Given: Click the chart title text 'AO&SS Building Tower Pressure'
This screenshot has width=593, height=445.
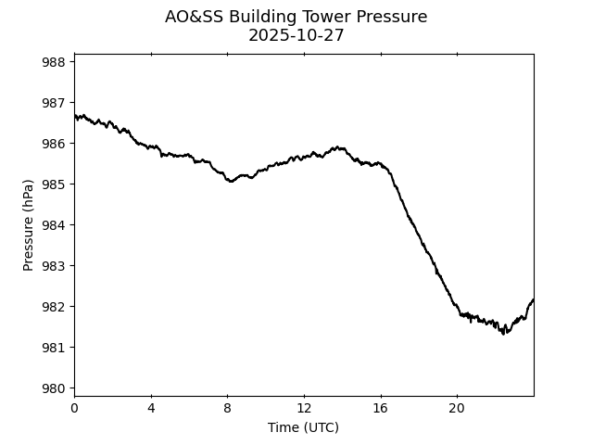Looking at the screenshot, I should [x=296, y=17].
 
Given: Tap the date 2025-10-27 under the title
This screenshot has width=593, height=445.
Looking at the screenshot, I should [x=296, y=36].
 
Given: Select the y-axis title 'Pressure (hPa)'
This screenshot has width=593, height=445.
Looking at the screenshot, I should [x=29, y=225].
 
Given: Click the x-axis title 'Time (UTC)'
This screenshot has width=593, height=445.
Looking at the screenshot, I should [x=303, y=427].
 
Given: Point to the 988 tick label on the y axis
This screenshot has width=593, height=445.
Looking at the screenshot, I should [x=53, y=62].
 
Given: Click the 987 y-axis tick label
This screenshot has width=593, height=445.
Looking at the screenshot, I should [x=53, y=103].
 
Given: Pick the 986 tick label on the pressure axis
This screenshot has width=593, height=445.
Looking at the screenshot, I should [x=53, y=144].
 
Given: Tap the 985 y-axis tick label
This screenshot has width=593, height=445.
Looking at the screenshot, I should [x=53, y=184].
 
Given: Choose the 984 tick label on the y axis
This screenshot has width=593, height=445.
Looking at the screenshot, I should [x=53, y=225].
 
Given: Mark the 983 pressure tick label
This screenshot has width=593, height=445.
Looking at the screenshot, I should [x=53, y=266].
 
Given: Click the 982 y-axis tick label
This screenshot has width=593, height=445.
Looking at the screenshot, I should [x=53, y=307].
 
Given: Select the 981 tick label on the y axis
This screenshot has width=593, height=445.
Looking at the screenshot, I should [x=53, y=348].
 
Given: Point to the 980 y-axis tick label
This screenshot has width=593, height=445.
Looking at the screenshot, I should [x=53, y=388].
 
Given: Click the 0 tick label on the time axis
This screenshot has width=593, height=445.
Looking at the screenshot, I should [x=74, y=409].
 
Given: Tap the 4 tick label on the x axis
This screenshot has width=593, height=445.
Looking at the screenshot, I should [x=151, y=409].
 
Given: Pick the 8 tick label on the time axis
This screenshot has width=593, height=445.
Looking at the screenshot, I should [x=227, y=409].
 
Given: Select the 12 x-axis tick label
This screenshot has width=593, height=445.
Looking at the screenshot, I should [x=304, y=409].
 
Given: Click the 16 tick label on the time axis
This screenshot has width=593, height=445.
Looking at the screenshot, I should [x=380, y=409].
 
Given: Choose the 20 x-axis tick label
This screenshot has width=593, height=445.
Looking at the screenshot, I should [x=457, y=409].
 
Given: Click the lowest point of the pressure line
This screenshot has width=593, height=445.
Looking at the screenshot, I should [x=504, y=334].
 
